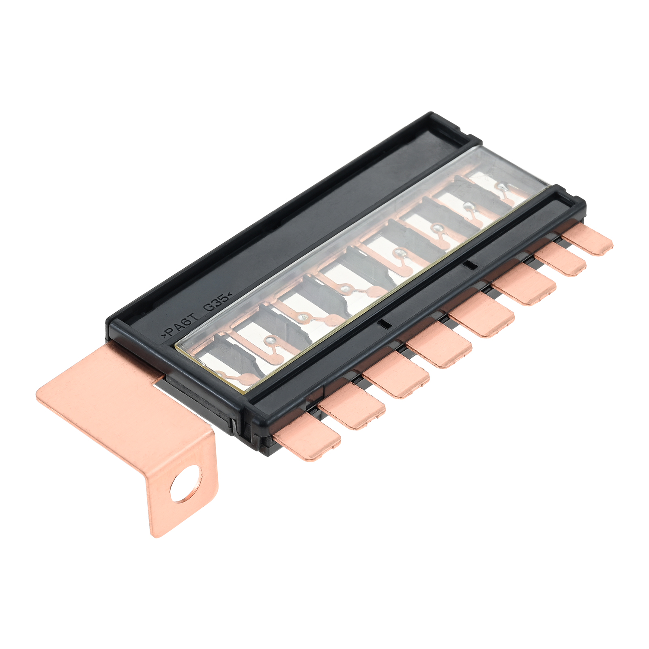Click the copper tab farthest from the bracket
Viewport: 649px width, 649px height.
[x=588, y=240]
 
